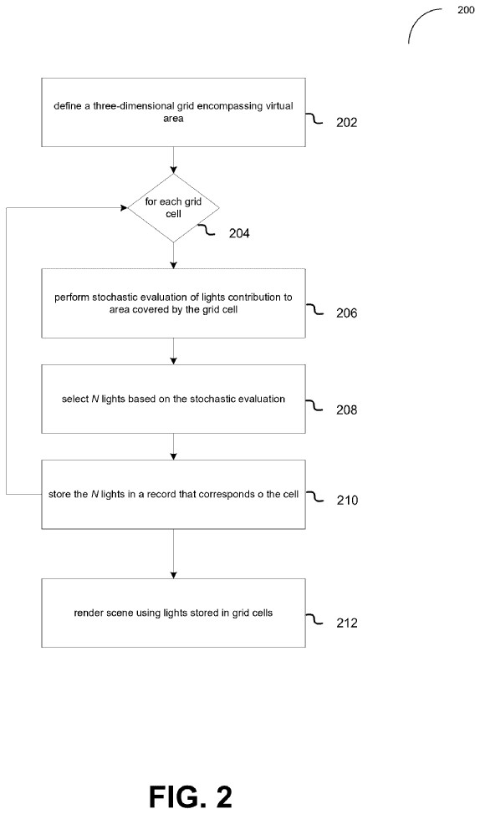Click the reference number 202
pos(346,123)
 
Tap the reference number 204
pos(239,234)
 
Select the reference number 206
pos(346,313)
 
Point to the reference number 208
pos(346,410)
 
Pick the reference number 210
pos(346,500)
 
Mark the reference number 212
pos(346,623)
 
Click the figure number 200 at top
pos(466,10)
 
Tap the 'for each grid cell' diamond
pos(173,207)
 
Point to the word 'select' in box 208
pos(72,399)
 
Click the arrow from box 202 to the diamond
pos(173,160)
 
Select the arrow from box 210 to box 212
pos(173,554)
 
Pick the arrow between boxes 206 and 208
pos(173,352)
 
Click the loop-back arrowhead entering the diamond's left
pos(125,207)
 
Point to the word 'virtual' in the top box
pos(280,106)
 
